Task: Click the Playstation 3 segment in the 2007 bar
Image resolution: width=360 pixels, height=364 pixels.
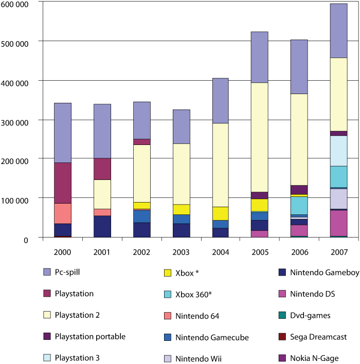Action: point(338,151)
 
